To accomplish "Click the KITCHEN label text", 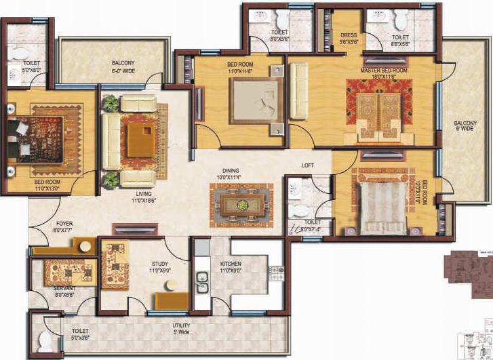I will (x=231, y=266).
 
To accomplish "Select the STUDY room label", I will (x=159, y=266).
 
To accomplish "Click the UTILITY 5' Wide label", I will (x=181, y=329).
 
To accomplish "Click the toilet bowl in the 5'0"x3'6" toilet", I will (x=45, y=341).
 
